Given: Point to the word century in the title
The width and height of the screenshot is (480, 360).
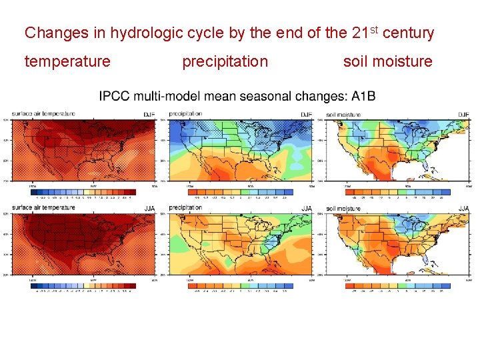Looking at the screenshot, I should (x=409, y=33).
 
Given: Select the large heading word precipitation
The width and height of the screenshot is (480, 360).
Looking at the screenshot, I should (x=225, y=62).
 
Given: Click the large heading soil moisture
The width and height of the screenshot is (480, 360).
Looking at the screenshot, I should (x=387, y=62).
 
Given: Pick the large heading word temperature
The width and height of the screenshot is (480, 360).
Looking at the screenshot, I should (x=67, y=62).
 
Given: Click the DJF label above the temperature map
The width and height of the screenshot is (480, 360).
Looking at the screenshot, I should (x=148, y=115).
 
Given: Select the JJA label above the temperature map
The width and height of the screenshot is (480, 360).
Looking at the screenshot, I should (x=149, y=209).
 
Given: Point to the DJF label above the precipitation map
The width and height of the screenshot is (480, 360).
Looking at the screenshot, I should (x=306, y=115).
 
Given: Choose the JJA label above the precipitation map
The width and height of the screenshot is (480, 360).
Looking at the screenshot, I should (x=306, y=209).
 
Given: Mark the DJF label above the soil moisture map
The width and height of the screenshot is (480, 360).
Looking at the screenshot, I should (x=463, y=115).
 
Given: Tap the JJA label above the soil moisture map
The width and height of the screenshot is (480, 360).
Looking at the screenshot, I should (x=463, y=209).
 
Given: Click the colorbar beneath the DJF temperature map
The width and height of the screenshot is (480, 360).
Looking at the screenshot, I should (x=84, y=191).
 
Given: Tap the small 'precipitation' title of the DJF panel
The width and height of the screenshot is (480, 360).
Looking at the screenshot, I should (x=185, y=114).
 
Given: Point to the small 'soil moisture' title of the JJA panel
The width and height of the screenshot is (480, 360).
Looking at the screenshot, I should (x=344, y=209).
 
